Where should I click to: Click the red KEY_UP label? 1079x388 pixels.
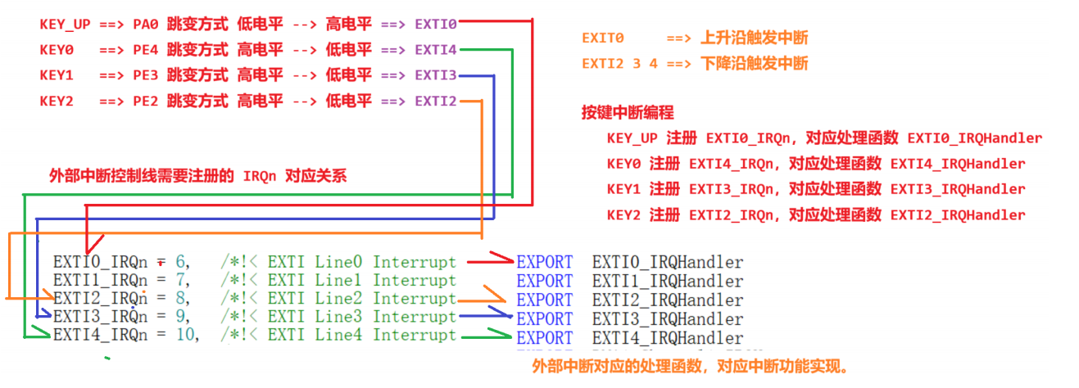click(65, 25)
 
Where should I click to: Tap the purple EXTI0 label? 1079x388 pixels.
click(436, 25)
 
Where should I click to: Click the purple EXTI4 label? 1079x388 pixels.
click(436, 50)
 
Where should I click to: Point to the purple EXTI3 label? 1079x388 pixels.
click(436, 75)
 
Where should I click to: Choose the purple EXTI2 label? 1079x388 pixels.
click(436, 101)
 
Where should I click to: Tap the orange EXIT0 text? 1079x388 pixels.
click(603, 38)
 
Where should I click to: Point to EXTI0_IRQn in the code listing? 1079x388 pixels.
click(100, 263)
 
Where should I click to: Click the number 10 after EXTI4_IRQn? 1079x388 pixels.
click(186, 336)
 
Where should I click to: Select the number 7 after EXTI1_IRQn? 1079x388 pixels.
click(180, 281)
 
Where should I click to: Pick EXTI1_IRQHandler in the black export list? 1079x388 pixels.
click(668, 282)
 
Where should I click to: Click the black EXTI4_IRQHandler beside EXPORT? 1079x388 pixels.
click(668, 337)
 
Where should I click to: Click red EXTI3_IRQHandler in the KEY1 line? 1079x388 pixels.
click(958, 189)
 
